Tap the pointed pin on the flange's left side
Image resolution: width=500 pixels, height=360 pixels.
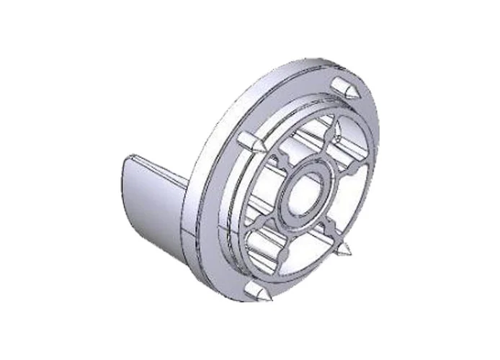(x=249, y=143)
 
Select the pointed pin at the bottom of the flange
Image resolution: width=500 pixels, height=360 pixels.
(x=256, y=292)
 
